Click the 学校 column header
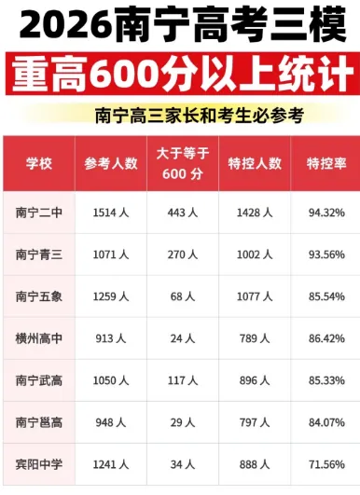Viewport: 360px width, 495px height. (39, 163)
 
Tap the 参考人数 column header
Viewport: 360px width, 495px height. (111, 163)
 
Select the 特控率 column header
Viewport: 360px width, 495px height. (326, 163)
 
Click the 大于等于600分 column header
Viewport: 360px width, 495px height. (183, 163)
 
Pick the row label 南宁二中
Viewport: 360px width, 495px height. (39, 213)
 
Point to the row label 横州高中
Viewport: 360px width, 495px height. (39, 338)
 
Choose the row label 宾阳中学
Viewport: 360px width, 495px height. (39, 464)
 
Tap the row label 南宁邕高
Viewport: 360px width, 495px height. (39, 422)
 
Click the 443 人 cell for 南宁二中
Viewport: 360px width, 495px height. (183, 213)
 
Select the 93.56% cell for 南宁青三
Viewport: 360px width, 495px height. (326, 254)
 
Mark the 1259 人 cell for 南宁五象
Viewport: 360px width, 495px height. (111, 296)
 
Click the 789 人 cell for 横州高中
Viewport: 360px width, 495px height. (255, 338)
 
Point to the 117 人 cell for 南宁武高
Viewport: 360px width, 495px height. (183, 380)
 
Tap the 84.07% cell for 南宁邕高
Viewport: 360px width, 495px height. (326, 422)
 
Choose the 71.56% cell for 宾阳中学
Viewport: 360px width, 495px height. (326, 464)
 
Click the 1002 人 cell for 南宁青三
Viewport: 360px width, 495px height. (255, 254)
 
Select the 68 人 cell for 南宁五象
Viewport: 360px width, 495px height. (183, 296)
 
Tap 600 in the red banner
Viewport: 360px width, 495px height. (124, 74)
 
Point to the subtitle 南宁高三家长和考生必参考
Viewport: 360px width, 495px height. (200, 116)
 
